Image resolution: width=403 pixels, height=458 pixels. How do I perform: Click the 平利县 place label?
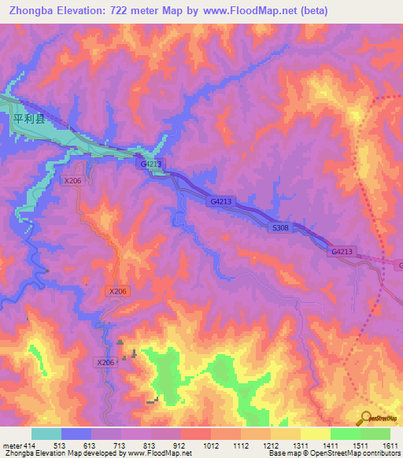30,119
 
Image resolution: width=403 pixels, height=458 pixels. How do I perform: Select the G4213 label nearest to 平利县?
152,164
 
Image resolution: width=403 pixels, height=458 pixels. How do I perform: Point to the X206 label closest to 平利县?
72,180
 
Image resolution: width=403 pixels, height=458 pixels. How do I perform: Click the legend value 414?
30,445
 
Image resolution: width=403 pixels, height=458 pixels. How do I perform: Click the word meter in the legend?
11,445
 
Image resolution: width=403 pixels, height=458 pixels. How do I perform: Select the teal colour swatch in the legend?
46,434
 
